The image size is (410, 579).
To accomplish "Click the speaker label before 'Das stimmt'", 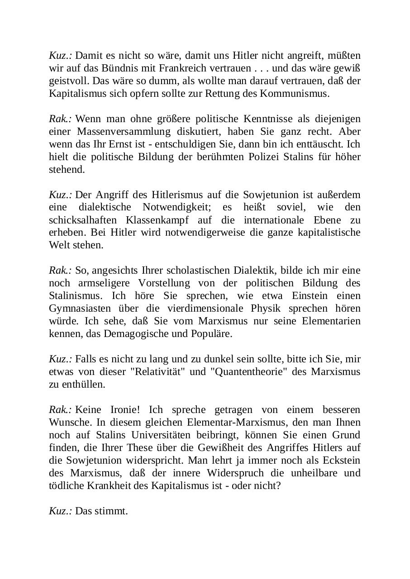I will [x=60, y=511].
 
